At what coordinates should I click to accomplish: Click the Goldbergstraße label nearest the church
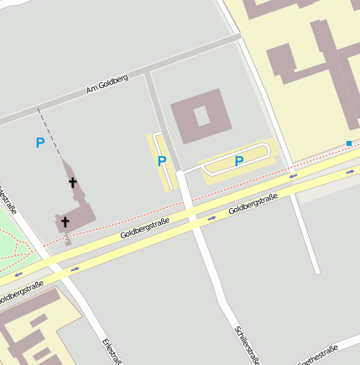click(144, 227)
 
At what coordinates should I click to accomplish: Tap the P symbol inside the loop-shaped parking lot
click(239, 160)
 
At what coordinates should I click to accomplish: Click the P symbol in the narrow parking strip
click(162, 161)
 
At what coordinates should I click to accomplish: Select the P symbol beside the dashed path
click(39, 143)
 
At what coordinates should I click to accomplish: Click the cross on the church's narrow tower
click(72, 181)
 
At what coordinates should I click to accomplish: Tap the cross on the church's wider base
click(64, 222)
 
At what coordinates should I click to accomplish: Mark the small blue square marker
click(349, 143)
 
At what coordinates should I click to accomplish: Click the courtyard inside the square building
click(201, 115)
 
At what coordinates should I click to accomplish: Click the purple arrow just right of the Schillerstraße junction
click(212, 217)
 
